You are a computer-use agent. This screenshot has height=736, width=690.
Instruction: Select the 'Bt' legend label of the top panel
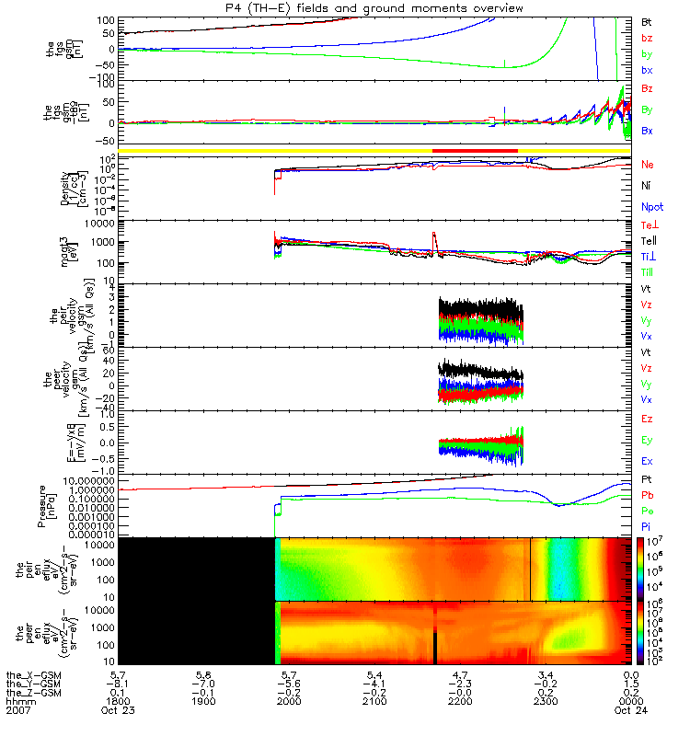point(648,21)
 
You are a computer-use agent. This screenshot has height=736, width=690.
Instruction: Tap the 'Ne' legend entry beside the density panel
point(648,164)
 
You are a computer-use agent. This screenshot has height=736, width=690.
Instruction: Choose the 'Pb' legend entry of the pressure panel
point(648,495)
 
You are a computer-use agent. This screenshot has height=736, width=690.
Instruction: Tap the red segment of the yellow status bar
point(475,150)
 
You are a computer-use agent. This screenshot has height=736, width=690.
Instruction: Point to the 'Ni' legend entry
point(647,186)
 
